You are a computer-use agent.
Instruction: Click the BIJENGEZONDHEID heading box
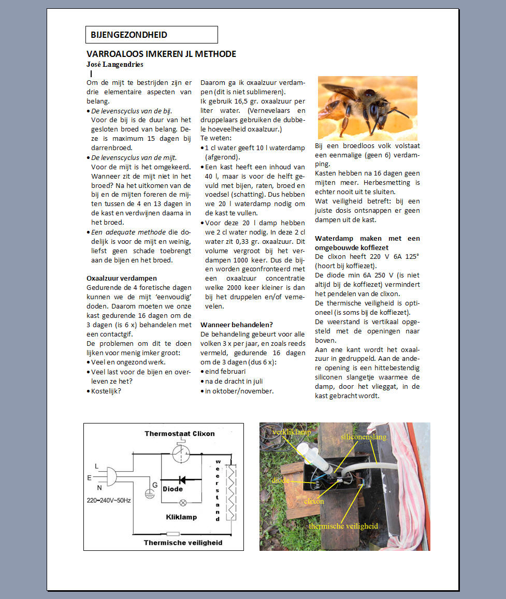pyautogui.click(x=151, y=35)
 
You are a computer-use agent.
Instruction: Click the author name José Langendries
pyautogui.click(x=114, y=65)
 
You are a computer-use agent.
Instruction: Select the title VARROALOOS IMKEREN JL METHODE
pyautogui.click(x=161, y=54)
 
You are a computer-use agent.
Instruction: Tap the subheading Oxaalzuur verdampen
pyautogui.click(x=121, y=278)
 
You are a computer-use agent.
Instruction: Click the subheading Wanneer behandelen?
pyautogui.click(x=236, y=325)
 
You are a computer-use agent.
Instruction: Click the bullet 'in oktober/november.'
pyautogui.click(x=239, y=391)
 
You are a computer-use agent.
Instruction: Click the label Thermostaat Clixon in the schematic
pyautogui.click(x=179, y=433)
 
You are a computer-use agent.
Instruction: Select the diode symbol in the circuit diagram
pyautogui.click(x=182, y=480)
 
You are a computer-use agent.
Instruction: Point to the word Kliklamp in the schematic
pyautogui.click(x=181, y=517)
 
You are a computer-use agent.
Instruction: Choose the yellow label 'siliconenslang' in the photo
pyautogui.click(x=364, y=437)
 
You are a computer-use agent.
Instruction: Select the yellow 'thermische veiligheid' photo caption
pyautogui.click(x=343, y=526)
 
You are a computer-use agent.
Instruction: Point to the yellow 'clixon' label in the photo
pyautogui.click(x=314, y=501)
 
